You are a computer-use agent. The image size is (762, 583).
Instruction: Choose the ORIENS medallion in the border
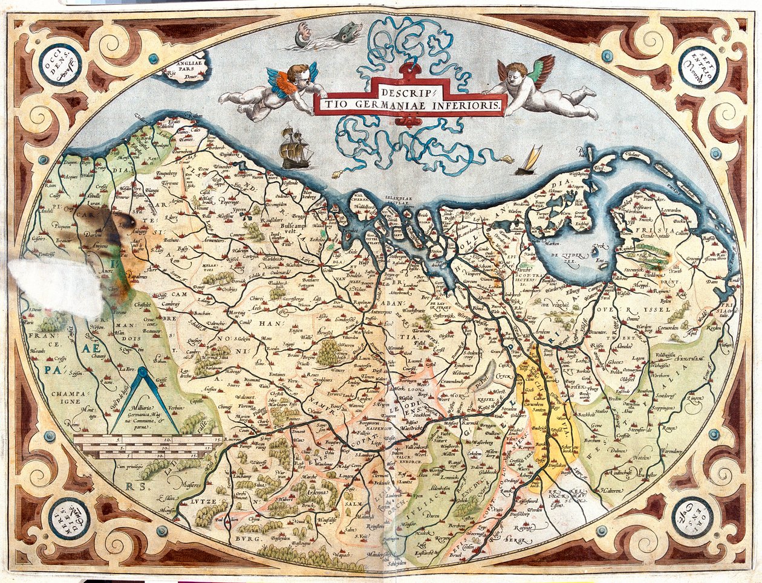[692, 517]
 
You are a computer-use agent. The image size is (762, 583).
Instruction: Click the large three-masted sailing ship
[296, 148]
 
